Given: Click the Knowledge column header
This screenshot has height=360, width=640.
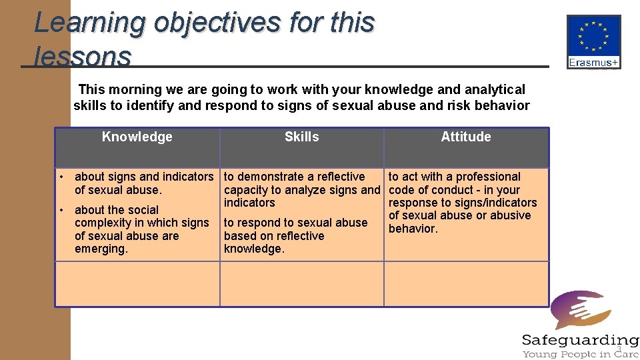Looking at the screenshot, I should click(137, 137).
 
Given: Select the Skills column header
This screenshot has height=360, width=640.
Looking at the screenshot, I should click(301, 137).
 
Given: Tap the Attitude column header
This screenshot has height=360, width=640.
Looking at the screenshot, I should click(465, 137).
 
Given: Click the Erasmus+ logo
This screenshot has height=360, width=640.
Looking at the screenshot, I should click(593, 42).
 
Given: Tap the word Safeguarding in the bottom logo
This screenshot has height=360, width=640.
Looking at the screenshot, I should click(580, 340).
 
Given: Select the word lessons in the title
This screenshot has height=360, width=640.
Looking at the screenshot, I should click(82, 56).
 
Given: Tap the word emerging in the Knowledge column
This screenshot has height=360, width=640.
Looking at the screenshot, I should click(101, 249).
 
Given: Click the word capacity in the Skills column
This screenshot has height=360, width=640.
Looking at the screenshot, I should click(246, 190).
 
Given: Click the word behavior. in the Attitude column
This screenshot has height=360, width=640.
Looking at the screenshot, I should click(413, 229).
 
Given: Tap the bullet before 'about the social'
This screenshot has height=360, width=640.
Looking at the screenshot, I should click(61, 210).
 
